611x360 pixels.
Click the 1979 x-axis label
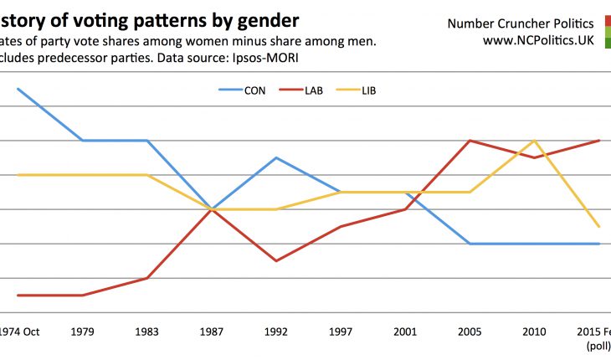coord(83,332)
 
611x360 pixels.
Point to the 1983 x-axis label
coord(147,332)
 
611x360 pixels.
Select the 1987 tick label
coord(213,332)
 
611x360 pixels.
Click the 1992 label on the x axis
coord(277,332)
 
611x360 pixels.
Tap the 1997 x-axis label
coord(341,332)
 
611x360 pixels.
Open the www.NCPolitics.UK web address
coord(538,39)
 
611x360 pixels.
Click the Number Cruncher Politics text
coord(532,22)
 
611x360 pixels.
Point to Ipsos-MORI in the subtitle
coord(265,58)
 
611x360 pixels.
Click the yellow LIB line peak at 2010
coord(535,141)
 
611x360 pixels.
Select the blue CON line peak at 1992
coord(277,157)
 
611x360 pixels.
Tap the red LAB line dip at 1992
coord(277,261)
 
